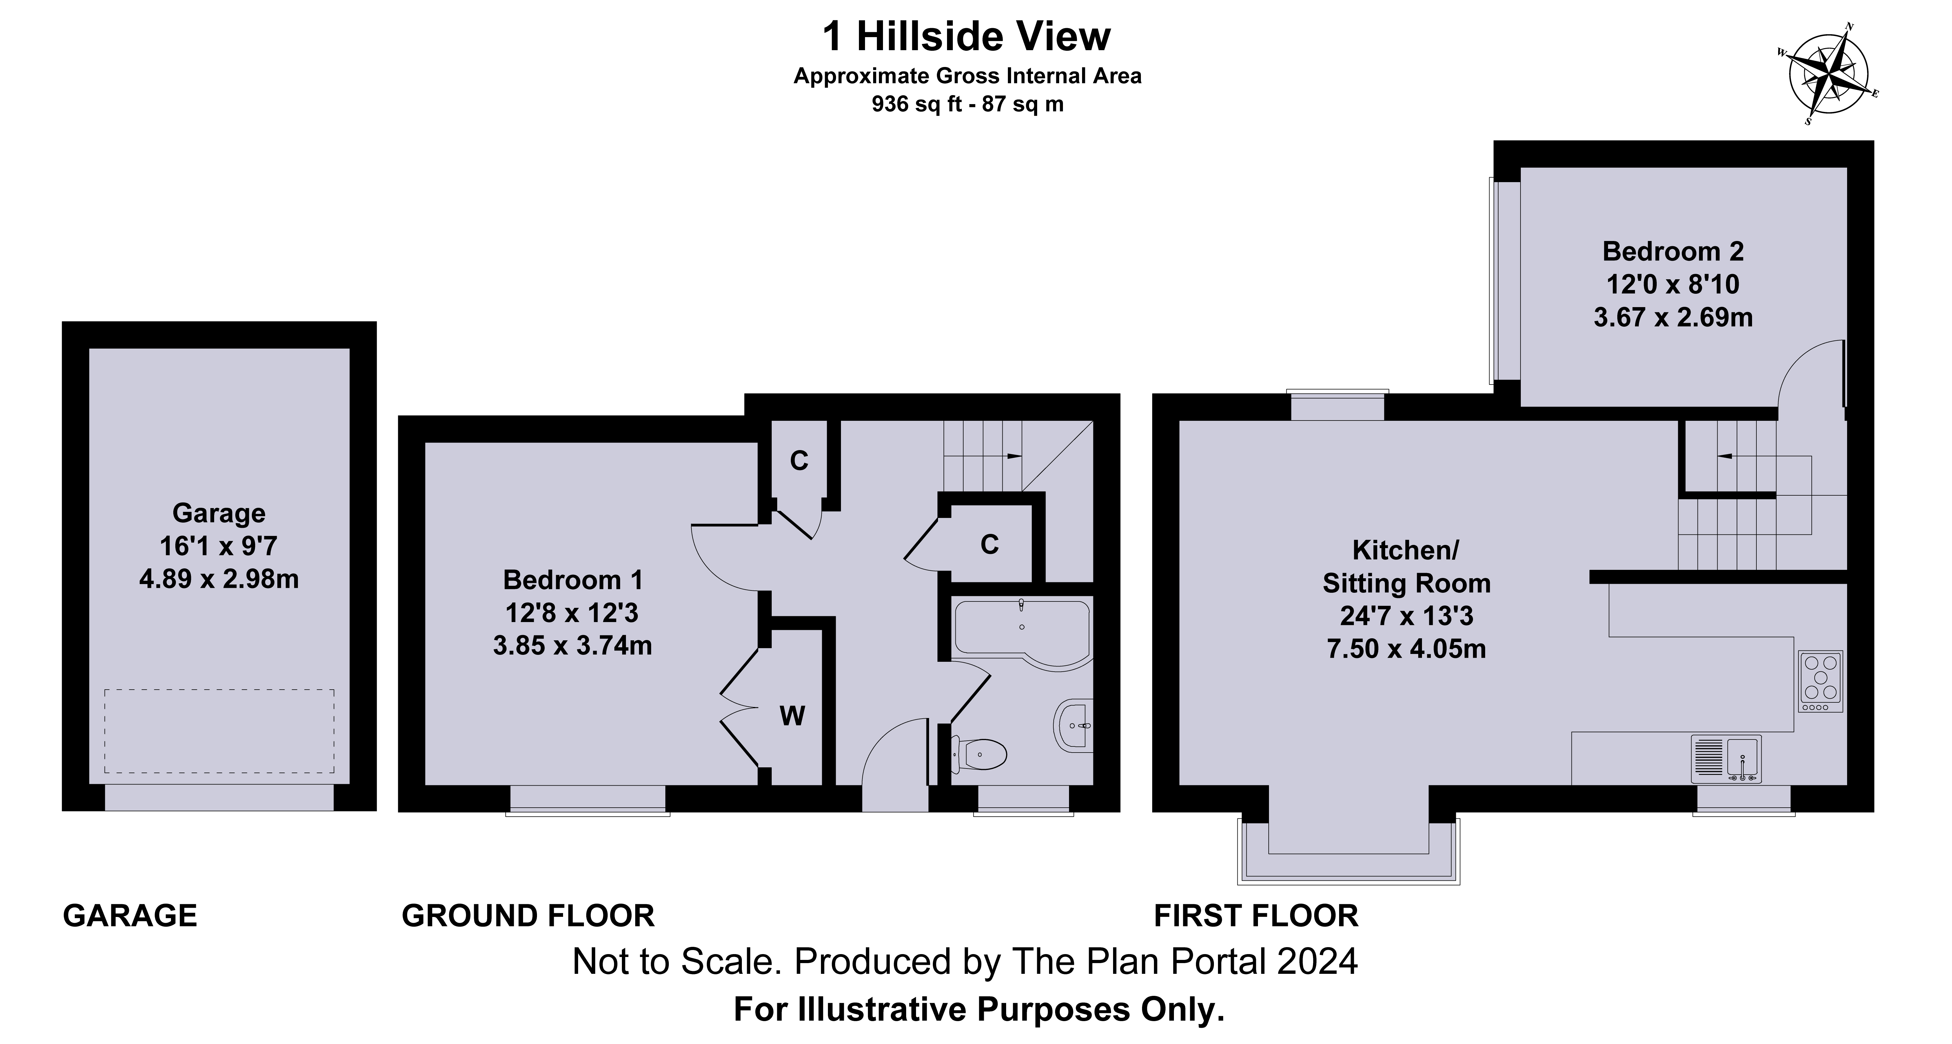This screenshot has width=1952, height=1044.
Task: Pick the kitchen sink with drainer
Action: coord(1726,758)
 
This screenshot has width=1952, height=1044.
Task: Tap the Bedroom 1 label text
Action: coord(573,580)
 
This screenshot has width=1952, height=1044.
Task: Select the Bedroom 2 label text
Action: coord(1673,251)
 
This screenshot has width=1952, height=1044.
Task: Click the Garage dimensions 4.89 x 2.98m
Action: coord(219,579)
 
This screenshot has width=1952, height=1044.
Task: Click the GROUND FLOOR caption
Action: coord(528,916)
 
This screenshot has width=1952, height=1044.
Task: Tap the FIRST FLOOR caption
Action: coord(1256,916)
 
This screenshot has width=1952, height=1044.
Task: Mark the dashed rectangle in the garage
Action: coord(219,731)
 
